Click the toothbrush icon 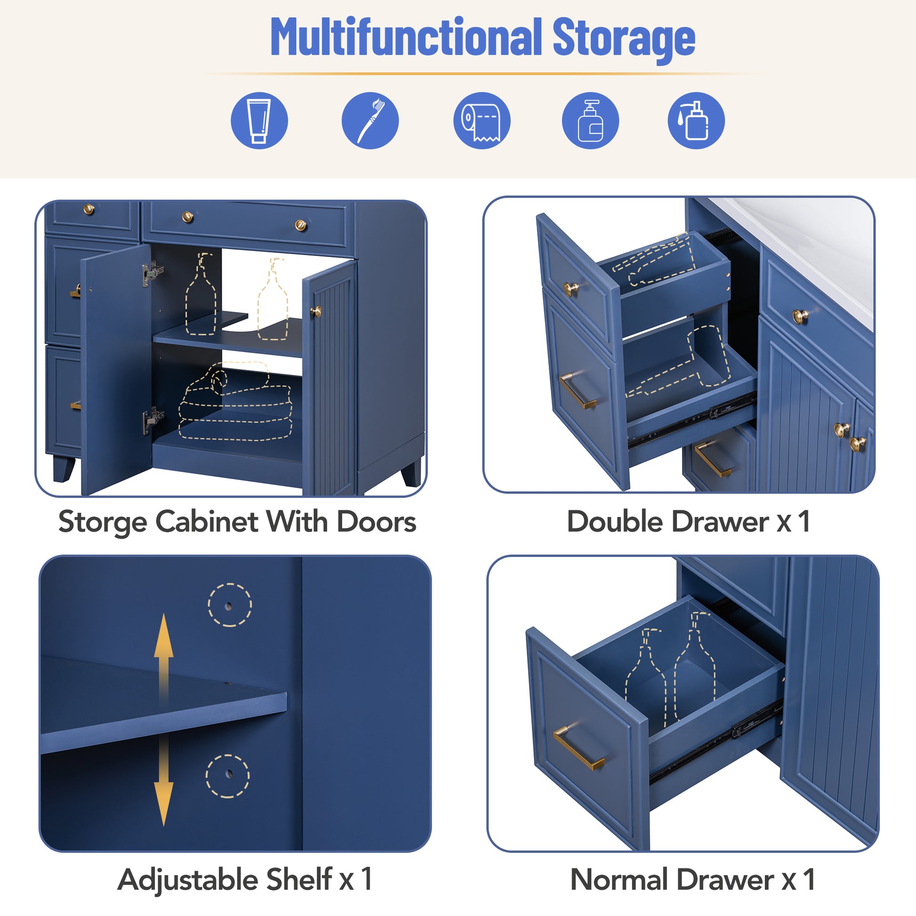click(370, 121)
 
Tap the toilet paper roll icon click(482, 121)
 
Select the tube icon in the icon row click(259, 121)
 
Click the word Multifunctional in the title click(406, 37)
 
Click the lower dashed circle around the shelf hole click(227, 776)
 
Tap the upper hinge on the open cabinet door click(153, 273)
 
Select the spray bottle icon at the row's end click(696, 121)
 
